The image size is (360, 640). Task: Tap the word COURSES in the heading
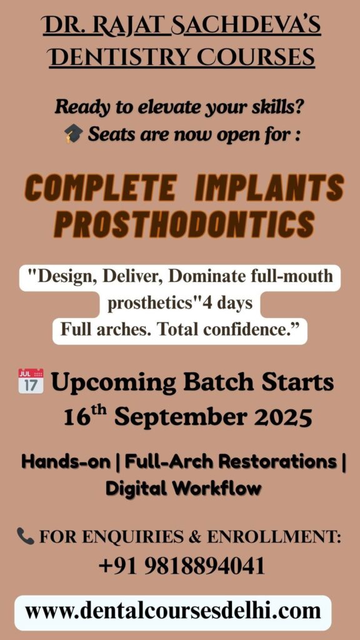click(x=256, y=57)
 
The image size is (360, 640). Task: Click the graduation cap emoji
click(x=74, y=134)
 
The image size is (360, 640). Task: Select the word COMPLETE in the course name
click(x=101, y=187)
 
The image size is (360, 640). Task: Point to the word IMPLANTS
click(x=269, y=187)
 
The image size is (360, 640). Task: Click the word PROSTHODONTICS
click(x=184, y=224)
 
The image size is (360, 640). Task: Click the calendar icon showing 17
click(x=31, y=381)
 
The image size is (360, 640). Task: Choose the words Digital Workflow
click(x=183, y=488)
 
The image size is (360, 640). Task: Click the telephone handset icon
click(x=25, y=536)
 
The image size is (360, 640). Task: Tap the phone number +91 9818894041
click(x=182, y=566)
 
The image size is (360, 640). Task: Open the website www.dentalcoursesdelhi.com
click(x=172, y=612)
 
